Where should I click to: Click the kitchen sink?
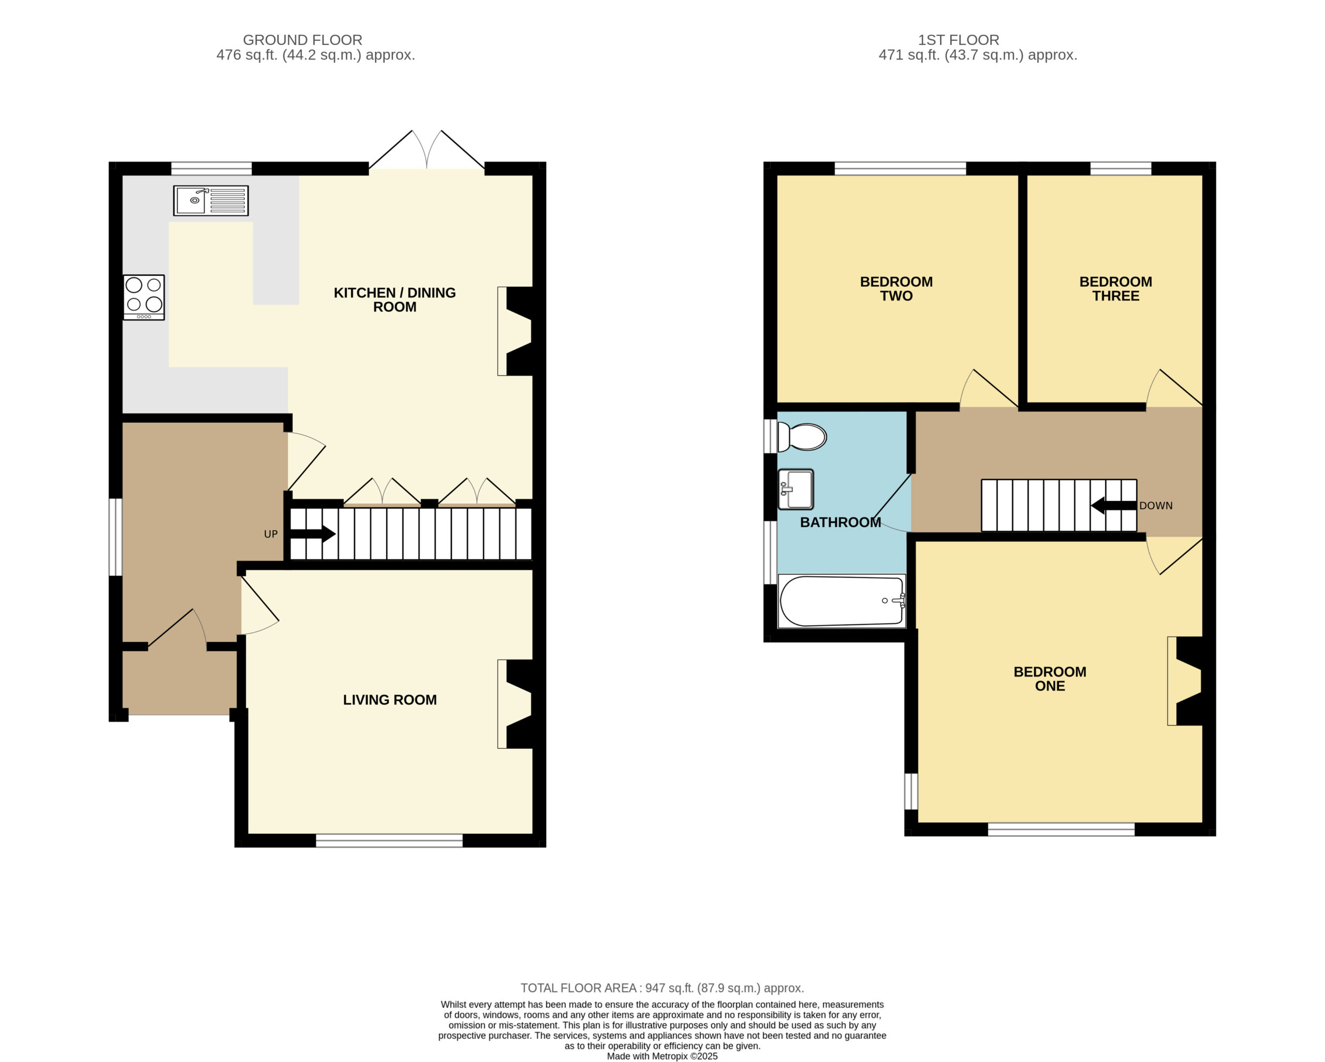(211, 200)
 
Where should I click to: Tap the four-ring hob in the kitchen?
(144, 298)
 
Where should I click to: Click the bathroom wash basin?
(796, 490)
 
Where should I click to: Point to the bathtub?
(842, 601)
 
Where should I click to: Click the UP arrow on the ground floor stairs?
(314, 534)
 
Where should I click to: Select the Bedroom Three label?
(1115, 288)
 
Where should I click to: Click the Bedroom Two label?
(896, 288)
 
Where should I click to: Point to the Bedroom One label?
(1050, 679)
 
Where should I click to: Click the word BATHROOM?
(840, 522)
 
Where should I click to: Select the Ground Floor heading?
(302, 40)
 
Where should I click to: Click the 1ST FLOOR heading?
(959, 40)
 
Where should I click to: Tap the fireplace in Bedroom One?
(1185, 681)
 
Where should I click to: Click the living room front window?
(389, 840)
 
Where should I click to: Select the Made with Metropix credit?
(662, 1056)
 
